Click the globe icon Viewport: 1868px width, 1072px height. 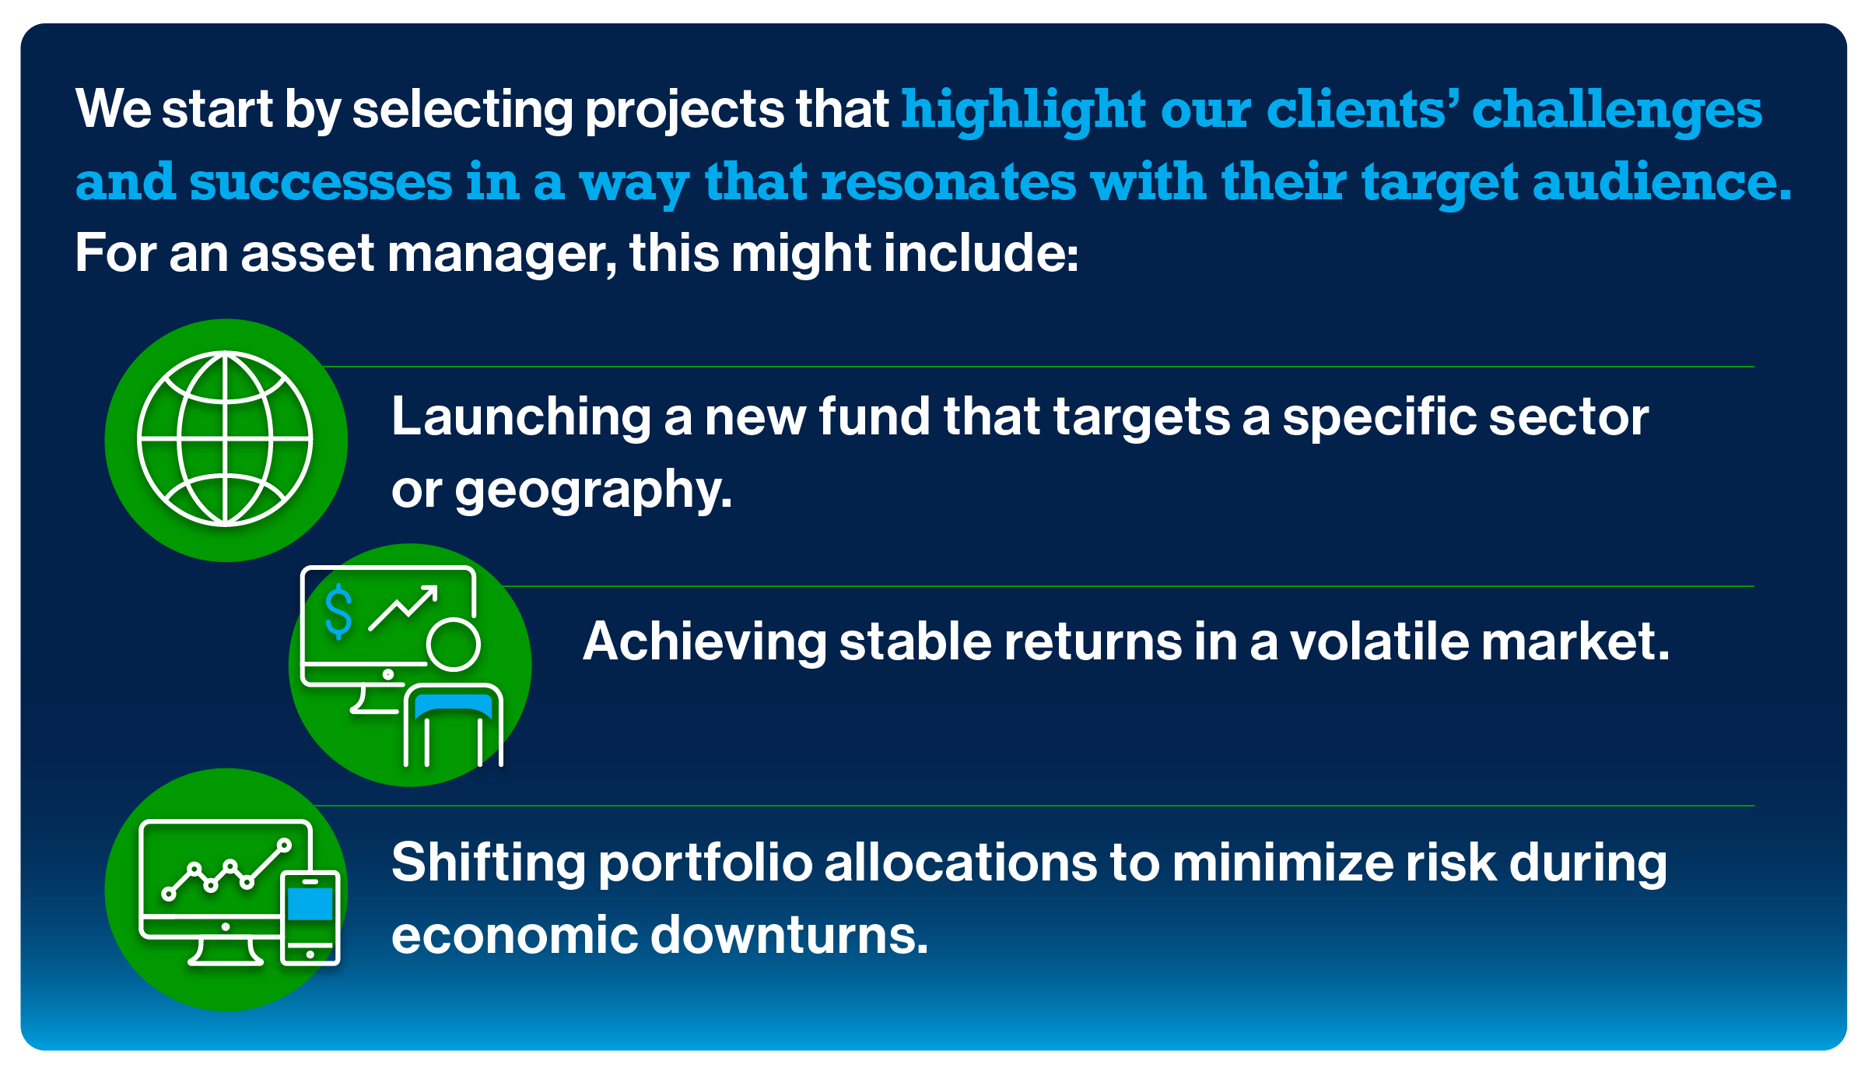(x=225, y=439)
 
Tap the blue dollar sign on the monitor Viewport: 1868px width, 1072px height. (x=338, y=613)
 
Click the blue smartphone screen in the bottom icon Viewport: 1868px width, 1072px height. (x=310, y=905)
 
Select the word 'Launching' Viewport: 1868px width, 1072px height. (x=520, y=417)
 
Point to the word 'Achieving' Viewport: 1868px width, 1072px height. (x=704, y=642)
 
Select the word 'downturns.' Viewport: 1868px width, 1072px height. (x=789, y=935)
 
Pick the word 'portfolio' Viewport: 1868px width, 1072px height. (x=705, y=864)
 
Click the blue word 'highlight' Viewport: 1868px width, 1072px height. (x=1024, y=111)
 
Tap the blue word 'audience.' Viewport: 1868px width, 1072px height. (x=1662, y=182)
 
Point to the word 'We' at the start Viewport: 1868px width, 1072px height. (x=114, y=109)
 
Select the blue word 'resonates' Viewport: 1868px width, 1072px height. (x=948, y=182)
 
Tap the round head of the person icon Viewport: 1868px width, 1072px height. (x=453, y=644)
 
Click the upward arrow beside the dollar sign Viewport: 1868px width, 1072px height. (x=405, y=606)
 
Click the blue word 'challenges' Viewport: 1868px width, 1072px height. (x=1617, y=111)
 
